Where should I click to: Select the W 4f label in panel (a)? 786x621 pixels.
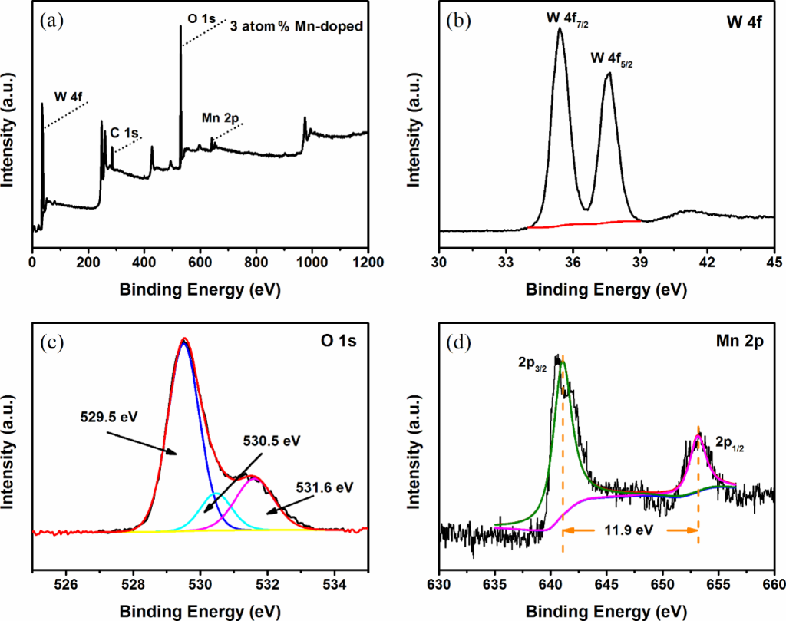point(69,97)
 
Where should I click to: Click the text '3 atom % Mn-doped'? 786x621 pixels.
point(296,25)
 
